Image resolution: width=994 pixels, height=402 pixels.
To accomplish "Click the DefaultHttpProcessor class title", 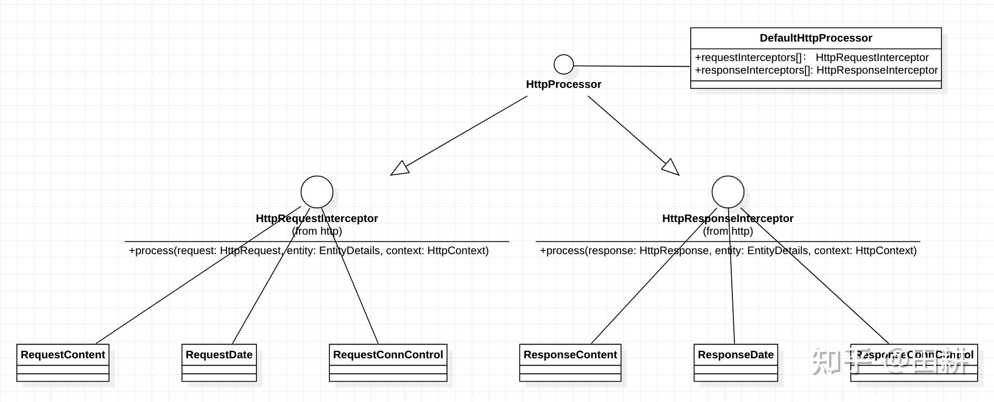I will click(x=816, y=38).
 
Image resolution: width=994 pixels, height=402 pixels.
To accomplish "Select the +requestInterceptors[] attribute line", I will click(x=811, y=57).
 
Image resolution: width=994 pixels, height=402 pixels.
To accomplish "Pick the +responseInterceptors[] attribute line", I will click(x=816, y=70).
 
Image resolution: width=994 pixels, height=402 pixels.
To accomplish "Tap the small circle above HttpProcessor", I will click(x=564, y=64).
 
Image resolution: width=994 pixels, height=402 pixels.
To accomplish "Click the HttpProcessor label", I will click(x=563, y=84).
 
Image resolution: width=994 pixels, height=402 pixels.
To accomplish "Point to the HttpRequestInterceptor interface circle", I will click(x=317, y=192).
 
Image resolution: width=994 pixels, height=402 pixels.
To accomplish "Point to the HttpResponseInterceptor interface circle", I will click(x=728, y=192).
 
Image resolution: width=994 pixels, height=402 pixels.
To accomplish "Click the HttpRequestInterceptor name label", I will click(x=316, y=218).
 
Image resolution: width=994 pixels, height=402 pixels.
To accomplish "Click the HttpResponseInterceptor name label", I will click(x=728, y=218).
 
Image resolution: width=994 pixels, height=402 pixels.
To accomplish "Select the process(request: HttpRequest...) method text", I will click(x=309, y=250).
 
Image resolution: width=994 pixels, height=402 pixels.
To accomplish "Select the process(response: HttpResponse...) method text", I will click(x=728, y=250).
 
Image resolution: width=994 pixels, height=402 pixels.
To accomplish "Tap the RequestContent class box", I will click(x=63, y=363).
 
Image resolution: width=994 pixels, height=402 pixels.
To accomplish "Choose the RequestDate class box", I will click(x=219, y=363).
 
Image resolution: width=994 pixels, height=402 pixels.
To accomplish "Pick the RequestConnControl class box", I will click(x=388, y=363).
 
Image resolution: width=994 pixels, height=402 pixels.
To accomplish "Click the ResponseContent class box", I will click(x=570, y=363).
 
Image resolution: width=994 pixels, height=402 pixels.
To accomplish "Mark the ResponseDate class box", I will click(x=735, y=363).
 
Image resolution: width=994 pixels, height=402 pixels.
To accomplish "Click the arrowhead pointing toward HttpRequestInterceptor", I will click(x=400, y=168).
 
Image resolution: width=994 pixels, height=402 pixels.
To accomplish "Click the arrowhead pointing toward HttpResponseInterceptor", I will click(x=671, y=168).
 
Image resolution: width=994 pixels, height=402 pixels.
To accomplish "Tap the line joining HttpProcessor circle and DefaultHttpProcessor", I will click(x=632, y=66).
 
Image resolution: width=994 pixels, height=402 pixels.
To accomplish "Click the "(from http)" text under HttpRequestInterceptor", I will click(x=317, y=231).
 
